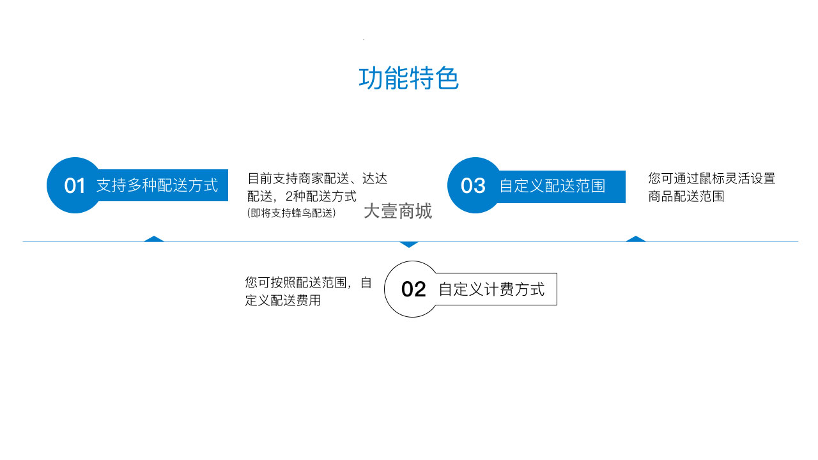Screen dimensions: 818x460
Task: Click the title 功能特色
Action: coord(408,78)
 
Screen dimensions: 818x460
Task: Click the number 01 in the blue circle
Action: coord(75,186)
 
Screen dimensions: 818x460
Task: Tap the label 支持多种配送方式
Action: coord(157,185)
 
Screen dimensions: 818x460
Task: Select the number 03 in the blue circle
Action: coord(473,186)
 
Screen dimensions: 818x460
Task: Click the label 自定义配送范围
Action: coord(553,186)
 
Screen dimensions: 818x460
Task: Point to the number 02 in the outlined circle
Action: coord(413,289)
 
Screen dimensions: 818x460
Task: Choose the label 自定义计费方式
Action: coord(491,289)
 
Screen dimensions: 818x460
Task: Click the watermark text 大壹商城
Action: coord(397,211)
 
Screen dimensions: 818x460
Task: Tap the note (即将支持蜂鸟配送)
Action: coord(291,213)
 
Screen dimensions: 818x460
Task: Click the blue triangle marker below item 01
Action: coord(154,239)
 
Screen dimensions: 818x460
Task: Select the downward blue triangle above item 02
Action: coord(409,245)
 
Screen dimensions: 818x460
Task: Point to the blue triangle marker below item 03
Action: coord(636,239)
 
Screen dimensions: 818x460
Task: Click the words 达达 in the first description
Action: coord(374,179)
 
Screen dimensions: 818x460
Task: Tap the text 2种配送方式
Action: coord(321,196)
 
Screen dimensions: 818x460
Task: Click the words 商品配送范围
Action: coord(686,196)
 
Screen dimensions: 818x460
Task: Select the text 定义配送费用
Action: coord(283,300)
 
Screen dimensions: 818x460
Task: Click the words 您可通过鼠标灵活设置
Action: coord(712,179)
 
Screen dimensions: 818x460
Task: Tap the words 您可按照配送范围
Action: coord(296,282)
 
